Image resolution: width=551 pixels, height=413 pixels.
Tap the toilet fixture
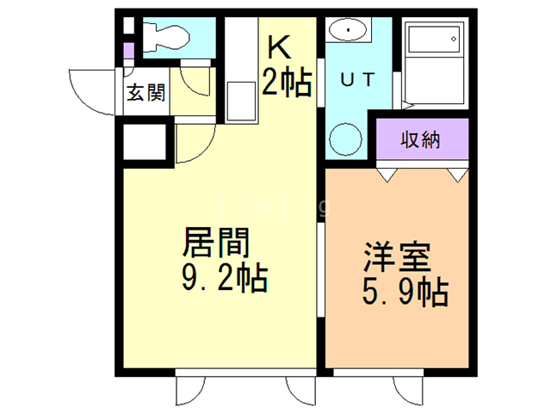[x=164, y=37]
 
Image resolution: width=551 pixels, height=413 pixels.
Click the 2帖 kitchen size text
[x=287, y=83]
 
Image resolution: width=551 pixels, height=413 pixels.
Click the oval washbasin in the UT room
[x=349, y=30]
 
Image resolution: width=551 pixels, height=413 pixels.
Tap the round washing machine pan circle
[x=347, y=139]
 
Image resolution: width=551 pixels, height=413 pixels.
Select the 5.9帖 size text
[x=403, y=293]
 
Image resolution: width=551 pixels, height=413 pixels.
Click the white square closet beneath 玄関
[x=145, y=141]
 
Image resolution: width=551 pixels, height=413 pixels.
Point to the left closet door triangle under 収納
[x=386, y=176]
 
